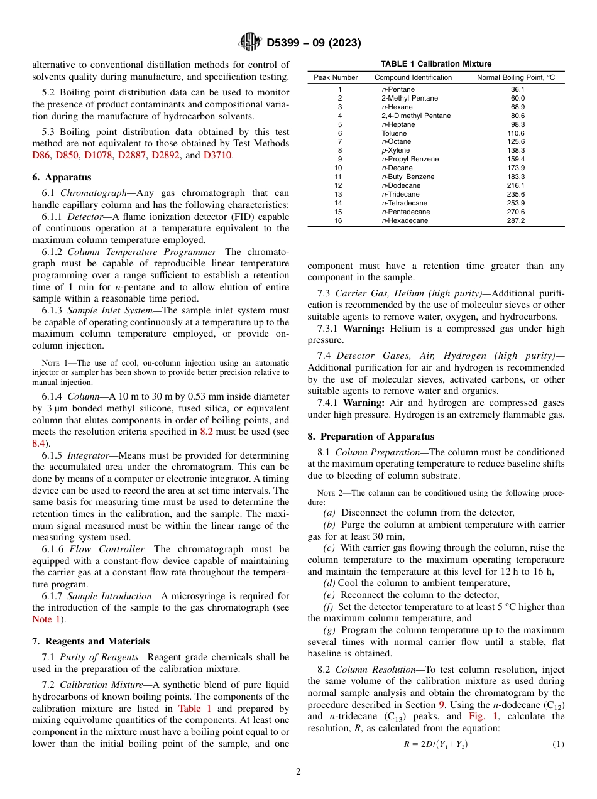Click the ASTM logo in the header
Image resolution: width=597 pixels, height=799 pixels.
(251, 43)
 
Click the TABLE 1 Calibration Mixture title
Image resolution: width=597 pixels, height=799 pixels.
(436, 64)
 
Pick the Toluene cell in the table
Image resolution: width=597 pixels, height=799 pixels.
(394, 133)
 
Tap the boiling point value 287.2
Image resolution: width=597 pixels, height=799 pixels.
(515, 220)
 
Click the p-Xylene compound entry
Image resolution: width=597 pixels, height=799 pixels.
(395, 151)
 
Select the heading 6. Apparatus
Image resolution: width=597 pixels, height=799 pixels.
(62, 177)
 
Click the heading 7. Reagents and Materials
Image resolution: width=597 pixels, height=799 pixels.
(90, 641)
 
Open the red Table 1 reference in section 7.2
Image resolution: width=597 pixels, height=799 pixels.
(190, 709)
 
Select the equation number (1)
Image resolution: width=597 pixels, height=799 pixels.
(558, 744)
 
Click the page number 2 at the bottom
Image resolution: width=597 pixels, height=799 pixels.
(298, 772)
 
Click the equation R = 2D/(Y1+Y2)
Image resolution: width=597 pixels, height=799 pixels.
(435, 744)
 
